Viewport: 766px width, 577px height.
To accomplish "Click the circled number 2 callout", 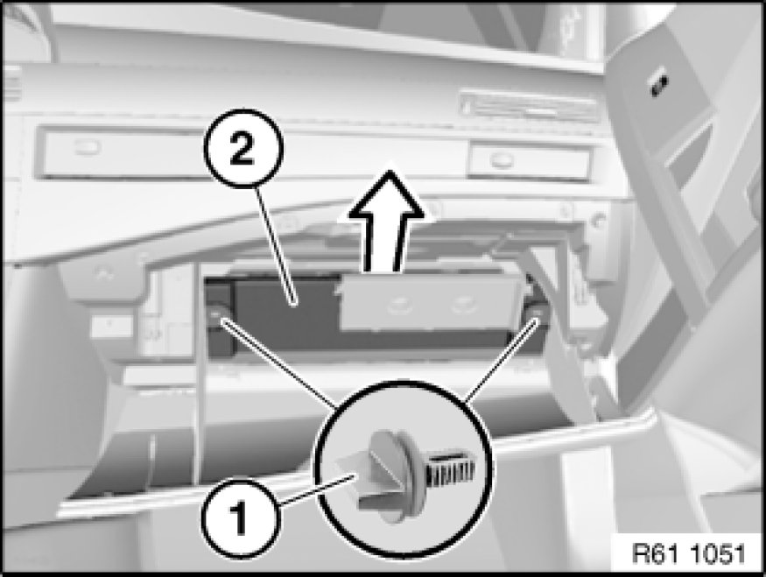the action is point(242,148).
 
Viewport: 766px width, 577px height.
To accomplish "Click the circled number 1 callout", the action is point(241,517).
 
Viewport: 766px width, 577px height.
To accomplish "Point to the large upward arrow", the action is point(386,221).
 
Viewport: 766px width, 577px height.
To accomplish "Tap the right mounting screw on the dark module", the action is point(537,313).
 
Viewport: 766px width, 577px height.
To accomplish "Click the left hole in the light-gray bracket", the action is point(403,306).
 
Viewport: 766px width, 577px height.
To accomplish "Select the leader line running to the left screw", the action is point(278,362).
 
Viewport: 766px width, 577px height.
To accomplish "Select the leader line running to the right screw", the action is point(501,362).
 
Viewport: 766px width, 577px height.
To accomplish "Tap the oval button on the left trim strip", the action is point(88,146).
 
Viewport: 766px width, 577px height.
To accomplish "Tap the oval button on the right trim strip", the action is point(500,158).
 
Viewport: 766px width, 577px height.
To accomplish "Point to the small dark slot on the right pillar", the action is point(658,87).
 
